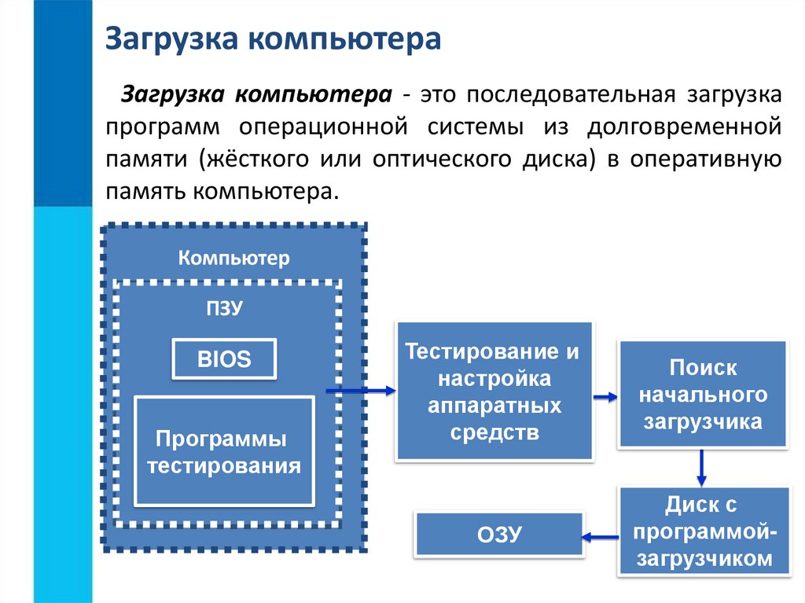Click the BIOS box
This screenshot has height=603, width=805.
(224, 360)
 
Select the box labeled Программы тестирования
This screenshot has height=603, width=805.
(224, 451)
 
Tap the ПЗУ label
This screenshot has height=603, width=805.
(224, 308)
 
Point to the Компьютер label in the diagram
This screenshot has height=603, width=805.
(233, 257)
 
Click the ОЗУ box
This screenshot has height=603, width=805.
(499, 535)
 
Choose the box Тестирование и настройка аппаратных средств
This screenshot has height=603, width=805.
(494, 391)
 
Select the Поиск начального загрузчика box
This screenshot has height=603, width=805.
(702, 395)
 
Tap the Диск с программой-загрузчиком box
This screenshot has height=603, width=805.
(702, 531)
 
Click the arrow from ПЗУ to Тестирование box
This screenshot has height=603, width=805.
(359, 390)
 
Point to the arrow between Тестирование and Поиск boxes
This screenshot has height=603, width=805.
(605, 398)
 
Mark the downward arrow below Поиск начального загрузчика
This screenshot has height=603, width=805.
(701, 469)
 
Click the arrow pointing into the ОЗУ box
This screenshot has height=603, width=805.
(600, 537)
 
